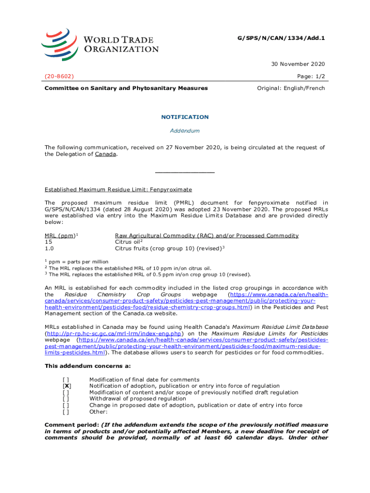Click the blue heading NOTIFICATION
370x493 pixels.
pyautogui.click(x=185, y=117)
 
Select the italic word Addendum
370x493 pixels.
pyautogui.click(x=185, y=131)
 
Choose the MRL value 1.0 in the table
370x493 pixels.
pyautogui.click(x=49, y=249)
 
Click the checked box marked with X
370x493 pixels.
pyautogui.click(x=67, y=386)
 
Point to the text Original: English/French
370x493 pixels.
pyautogui.click(x=291, y=88)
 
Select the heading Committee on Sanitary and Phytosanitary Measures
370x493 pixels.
pyautogui.click(x=126, y=88)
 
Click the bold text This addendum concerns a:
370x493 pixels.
pyautogui.click(x=87, y=366)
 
